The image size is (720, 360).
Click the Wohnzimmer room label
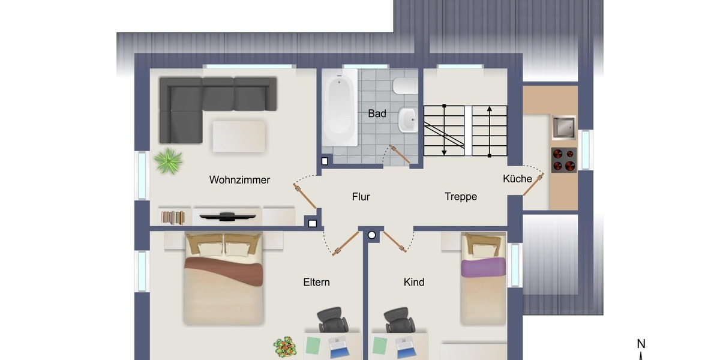point(239,179)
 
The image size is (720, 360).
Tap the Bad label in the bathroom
point(377,113)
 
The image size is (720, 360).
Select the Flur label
point(361,196)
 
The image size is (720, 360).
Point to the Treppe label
point(461,196)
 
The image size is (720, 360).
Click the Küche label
point(517,179)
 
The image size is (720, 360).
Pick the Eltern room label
point(316,282)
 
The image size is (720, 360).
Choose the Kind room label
point(414,282)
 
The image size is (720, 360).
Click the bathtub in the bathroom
point(340,109)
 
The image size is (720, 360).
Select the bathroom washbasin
point(407,119)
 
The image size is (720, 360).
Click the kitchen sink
point(563,127)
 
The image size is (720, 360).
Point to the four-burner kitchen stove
point(563,160)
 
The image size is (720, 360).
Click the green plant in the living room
point(168,160)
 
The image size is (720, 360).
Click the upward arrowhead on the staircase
point(490,110)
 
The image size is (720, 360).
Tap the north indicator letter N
point(641,344)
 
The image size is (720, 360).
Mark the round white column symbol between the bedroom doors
point(372,235)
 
